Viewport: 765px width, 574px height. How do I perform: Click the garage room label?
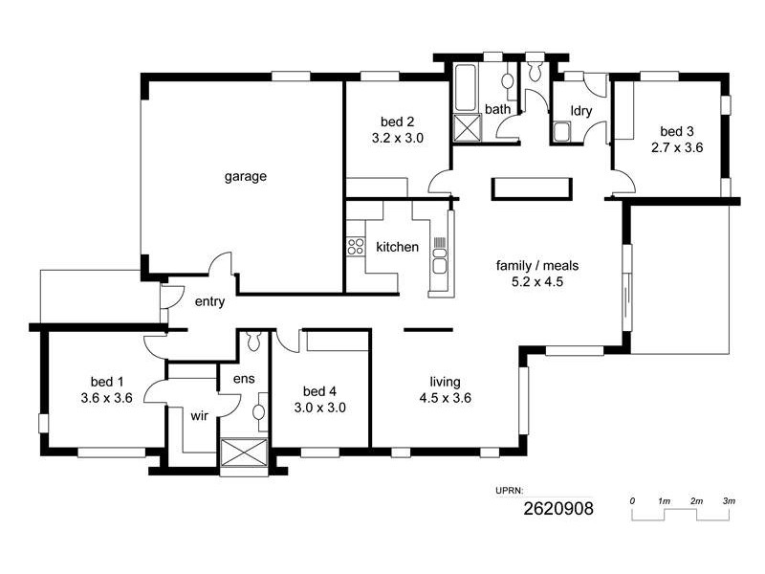pos(245,176)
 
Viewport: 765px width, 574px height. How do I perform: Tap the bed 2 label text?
pos(397,121)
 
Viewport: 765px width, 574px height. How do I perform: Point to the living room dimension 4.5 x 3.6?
pos(446,398)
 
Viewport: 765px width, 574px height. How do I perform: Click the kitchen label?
pos(397,247)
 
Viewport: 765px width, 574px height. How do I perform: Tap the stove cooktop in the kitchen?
pos(356,246)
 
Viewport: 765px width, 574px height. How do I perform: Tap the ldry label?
pos(581,111)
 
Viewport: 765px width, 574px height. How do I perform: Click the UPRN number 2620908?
pos(557,509)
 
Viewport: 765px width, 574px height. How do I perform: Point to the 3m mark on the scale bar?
pos(728,501)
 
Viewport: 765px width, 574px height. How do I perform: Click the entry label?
pos(209,302)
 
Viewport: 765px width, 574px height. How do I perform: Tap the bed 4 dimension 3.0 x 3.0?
pos(323,407)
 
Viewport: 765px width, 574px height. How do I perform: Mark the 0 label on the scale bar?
pos(632,501)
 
